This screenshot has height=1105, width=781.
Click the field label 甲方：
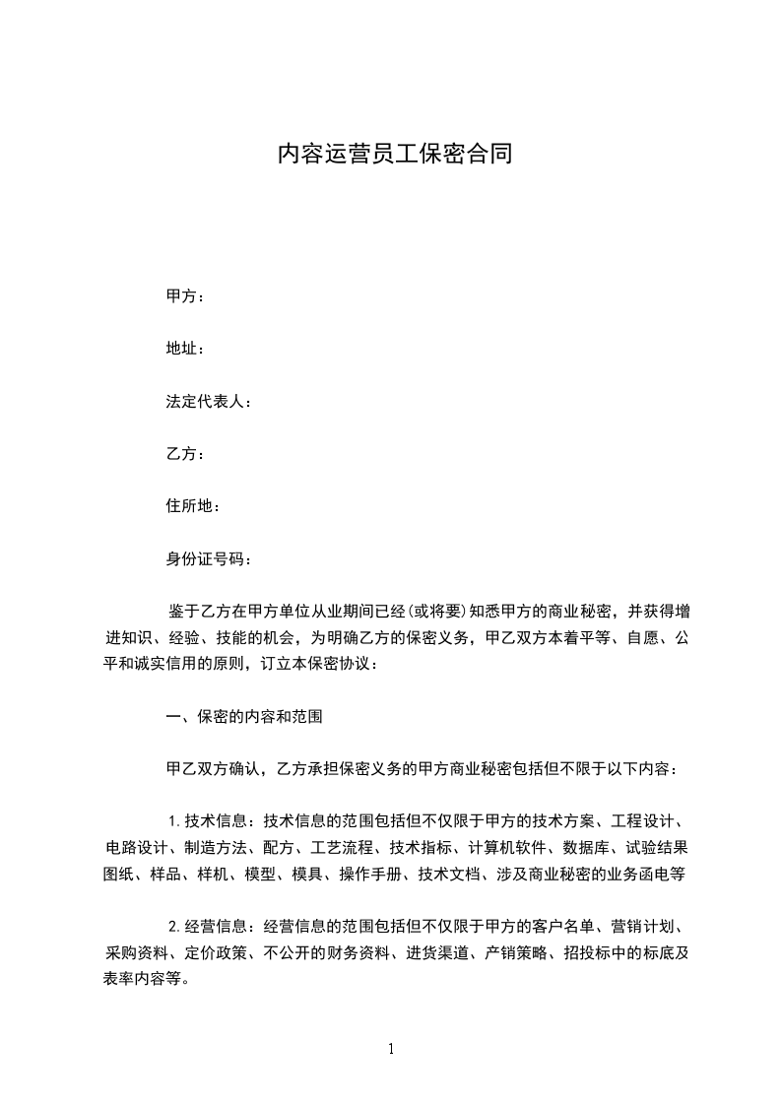tap(185, 295)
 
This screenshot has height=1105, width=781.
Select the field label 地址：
tap(185, 349)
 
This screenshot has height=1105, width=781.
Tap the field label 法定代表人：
tap(209, 402)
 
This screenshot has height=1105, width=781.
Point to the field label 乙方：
tap(185, 454)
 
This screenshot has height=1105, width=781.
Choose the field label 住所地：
tap(193, 506)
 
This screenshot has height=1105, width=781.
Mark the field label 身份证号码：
tap(209, 559)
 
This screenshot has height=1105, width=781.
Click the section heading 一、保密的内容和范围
tap(244, 717)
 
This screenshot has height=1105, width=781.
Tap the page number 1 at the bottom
tap(391, 1048)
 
